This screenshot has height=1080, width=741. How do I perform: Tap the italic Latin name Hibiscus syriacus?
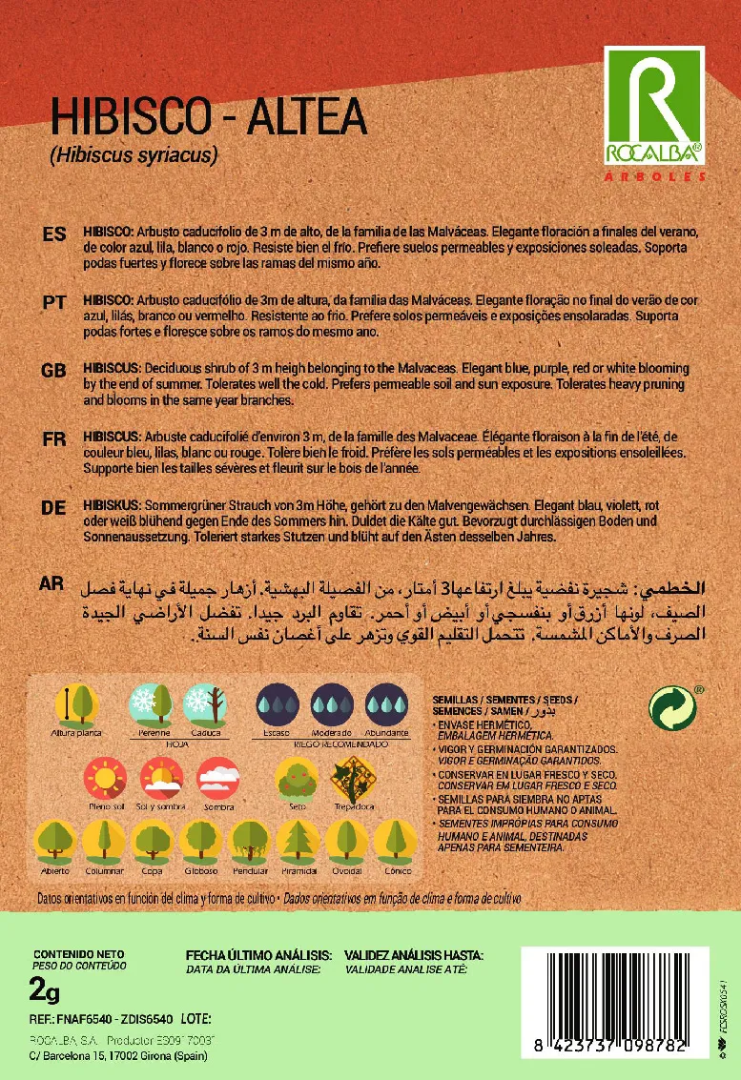coord(134,153)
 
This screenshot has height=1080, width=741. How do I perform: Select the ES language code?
coord(54,234)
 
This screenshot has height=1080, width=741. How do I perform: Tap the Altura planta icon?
coord(76,705)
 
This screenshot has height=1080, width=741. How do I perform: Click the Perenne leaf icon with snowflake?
coord(151,705)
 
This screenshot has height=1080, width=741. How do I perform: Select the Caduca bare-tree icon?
coord(204,705)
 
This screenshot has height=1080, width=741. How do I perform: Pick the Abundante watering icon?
coord(386,705)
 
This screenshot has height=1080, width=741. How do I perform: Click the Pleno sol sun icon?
coord(105,779)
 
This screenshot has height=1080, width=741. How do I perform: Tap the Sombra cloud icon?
coord(218,779)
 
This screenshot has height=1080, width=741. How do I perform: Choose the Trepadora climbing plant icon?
coord(352,779)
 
